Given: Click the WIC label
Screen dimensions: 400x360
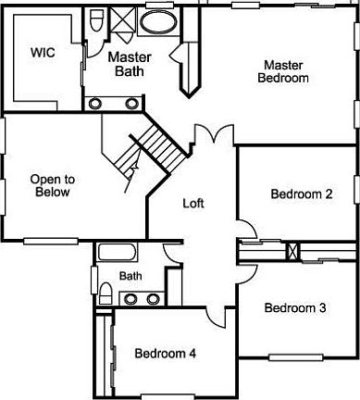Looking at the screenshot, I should pos(43,53).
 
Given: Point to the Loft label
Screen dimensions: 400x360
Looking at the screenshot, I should pos(193,203).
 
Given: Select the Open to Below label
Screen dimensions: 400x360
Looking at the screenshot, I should pos(51,186).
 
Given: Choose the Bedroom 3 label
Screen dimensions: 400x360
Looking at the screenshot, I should pos(294,308).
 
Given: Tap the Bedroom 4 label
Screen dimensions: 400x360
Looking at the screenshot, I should pos(166,353).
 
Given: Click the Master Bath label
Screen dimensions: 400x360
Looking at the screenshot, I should pos(128,64).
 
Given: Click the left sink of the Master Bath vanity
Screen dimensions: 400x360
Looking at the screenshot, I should pos(95,102).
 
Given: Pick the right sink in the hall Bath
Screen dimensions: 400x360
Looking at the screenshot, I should pos(150,298).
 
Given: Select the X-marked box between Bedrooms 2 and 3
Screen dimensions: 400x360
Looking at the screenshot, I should pos(292,250).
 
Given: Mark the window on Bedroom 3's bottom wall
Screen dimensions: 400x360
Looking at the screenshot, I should pos(295,357).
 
